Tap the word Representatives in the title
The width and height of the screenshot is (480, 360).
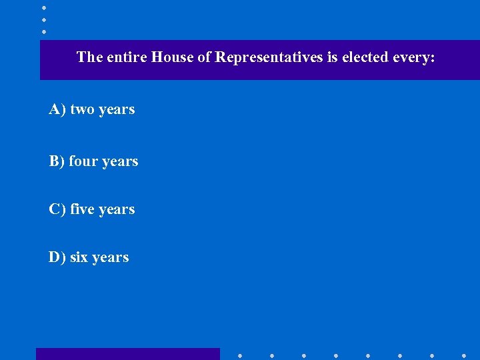pos(269,57)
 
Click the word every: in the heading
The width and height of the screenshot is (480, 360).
pos(413,57)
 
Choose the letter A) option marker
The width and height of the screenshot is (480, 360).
pos(57,109)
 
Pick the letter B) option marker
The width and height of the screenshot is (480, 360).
pos(57,161)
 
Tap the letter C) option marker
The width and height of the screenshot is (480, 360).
pos(57,209)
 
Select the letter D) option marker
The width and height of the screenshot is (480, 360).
pos(57,257)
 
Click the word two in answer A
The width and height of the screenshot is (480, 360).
pos(83,109)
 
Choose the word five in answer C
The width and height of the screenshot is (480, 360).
pos(81,209)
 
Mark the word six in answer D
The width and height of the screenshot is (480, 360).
pos(79,257)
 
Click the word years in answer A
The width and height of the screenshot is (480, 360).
pos(117,110)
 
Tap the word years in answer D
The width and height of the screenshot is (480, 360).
pos(111,258)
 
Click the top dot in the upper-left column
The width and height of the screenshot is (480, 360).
pos(43,7)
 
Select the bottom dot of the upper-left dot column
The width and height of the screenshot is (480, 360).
pos(43,31)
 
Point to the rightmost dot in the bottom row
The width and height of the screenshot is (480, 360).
pos(464,355)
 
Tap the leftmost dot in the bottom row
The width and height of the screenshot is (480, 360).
pos(240,355)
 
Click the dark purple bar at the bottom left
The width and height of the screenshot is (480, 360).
pos(127,354)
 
